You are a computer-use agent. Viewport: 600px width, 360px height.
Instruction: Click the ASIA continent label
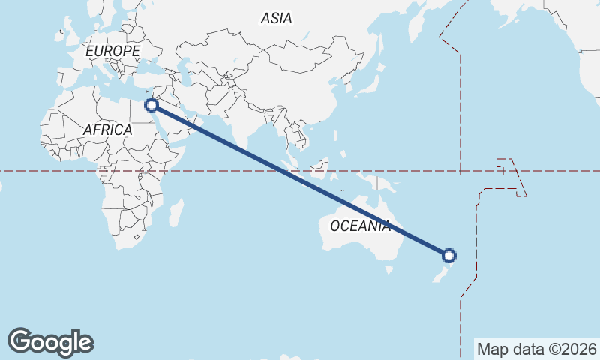[x=277, y=19]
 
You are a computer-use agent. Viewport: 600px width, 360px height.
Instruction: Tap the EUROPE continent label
[x=112, y=51]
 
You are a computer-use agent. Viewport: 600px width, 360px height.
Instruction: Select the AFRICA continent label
[x=107, y=130]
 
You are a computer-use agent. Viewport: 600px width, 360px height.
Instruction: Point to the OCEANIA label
[x=360, y=226]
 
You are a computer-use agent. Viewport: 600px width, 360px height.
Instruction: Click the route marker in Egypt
[x=151, y=105]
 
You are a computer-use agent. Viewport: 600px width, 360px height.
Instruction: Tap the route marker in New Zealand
[x=449, y=256]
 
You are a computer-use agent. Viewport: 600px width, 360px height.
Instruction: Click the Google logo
[x=50, y=341]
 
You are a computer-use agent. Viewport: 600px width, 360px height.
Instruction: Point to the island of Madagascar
[x=175, y=212]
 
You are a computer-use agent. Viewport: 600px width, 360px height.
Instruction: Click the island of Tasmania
[x=388, y=268]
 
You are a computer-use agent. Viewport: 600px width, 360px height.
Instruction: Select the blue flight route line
[x=300, y=180]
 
